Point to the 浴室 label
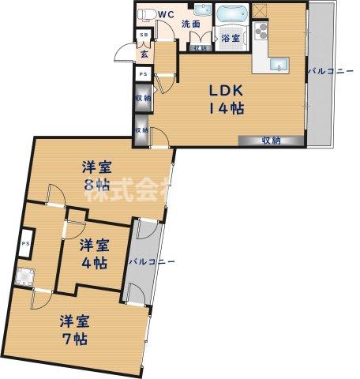point(231,38)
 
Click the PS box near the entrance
point(142,74)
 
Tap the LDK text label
point(224,89)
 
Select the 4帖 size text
point(96,264)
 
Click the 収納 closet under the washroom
point(198,48)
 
